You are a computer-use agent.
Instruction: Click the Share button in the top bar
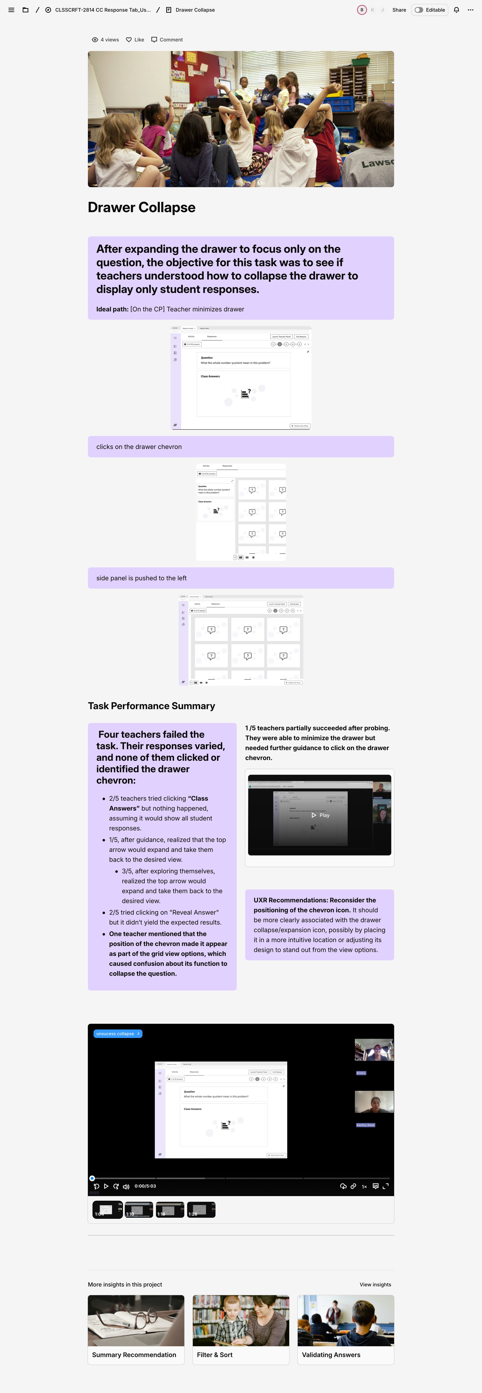tap(399, 10)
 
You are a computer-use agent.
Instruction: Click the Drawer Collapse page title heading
tap(142, 208)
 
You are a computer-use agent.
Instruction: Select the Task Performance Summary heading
tap(151, 706)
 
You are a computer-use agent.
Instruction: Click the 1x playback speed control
tap(364, 1186)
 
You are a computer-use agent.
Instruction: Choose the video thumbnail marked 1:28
tap(201, 1210)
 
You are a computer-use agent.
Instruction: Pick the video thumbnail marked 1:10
tap(138, 1210)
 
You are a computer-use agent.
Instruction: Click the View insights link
tap(375, 1284)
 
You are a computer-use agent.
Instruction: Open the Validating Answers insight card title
tap(331, 1355)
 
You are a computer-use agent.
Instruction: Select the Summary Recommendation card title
tap(134, 1355)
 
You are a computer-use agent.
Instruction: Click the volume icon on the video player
tap(126, 1186)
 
